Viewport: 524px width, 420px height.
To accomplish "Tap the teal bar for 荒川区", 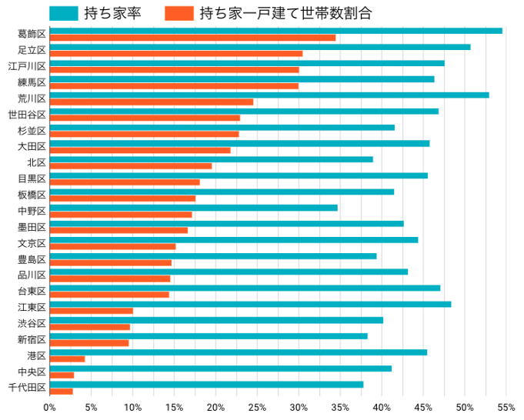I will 269,95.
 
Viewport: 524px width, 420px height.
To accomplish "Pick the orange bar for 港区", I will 67,358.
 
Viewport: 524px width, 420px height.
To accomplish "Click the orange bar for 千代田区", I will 61,391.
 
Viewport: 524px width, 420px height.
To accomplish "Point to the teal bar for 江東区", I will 250,304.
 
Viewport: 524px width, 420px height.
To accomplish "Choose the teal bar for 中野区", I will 193,208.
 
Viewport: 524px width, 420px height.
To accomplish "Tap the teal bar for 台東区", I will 245,288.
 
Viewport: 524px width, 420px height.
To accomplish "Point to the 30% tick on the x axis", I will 299,407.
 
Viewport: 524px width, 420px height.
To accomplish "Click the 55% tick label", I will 506,407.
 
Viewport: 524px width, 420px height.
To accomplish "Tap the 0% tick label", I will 50,407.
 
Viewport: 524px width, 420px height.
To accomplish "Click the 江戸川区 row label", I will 27,66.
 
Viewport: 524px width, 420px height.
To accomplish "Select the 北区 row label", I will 36,162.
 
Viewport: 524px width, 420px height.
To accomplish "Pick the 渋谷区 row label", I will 32,323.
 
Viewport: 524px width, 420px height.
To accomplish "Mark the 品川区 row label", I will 32,275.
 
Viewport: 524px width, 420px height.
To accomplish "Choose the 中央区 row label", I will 32,372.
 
